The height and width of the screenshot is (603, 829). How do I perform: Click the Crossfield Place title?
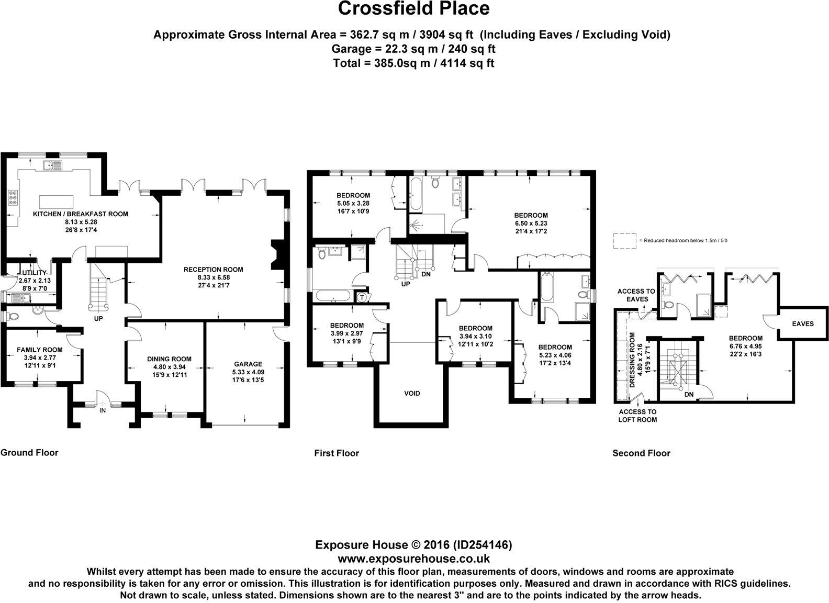413,8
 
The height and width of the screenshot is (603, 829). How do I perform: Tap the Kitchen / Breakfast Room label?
80,214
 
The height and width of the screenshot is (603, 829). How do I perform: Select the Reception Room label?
213,270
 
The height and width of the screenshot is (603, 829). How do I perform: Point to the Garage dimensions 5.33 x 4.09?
248,372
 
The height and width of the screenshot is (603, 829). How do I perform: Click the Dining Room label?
169,359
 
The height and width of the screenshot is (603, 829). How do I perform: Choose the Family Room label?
40,350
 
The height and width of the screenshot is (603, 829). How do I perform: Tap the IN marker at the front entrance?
103,410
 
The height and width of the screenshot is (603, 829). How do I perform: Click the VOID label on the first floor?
412,393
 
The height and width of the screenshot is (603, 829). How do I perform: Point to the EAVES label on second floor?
803,323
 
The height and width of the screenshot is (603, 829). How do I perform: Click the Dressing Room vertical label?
632,360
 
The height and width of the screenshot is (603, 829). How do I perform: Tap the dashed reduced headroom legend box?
625,241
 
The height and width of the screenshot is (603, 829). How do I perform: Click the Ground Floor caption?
29,452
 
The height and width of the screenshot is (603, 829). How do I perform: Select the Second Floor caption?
641,453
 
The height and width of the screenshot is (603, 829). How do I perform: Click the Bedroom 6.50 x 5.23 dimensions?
531,223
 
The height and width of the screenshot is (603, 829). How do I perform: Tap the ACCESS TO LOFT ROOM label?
637,415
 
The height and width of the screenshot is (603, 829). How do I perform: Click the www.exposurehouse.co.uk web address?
414,558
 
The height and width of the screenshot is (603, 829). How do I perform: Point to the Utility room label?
35,273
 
